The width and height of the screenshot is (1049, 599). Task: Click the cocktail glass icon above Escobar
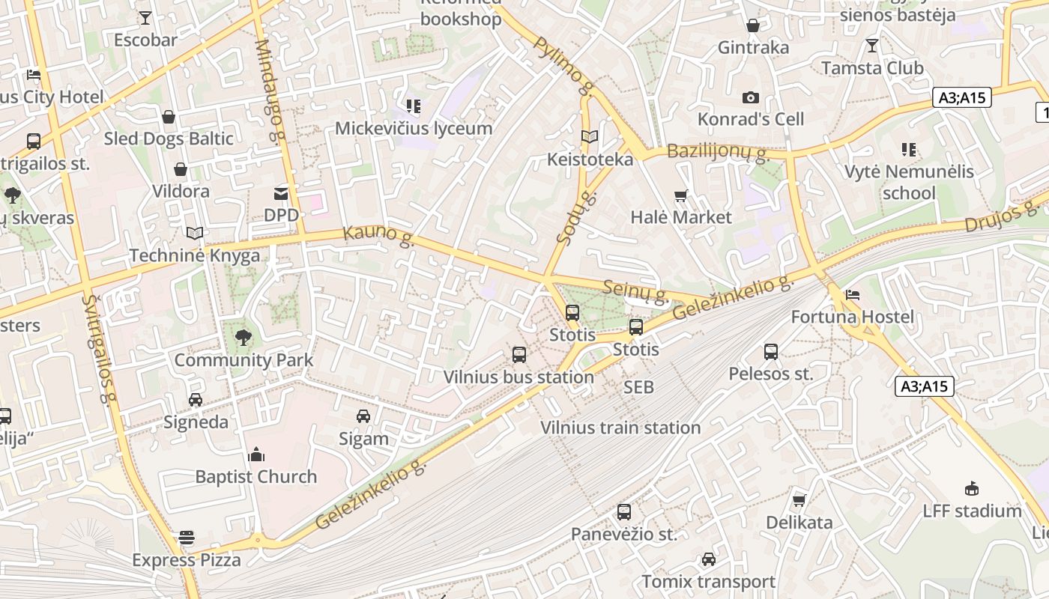tap(145, 18)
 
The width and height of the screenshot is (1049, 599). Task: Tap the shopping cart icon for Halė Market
tap(680, 196)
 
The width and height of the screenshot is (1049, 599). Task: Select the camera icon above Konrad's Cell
tap(750, 98)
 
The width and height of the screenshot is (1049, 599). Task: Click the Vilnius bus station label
tap(519, 377)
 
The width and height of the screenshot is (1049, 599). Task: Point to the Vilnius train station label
tap(620, 428)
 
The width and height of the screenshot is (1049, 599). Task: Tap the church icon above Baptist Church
tap(256, 454)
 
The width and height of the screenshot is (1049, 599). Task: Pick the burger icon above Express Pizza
tap(187, 538)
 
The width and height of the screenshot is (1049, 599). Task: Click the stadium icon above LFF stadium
tap(972, 489)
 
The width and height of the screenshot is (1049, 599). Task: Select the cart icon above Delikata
tap(799, 500)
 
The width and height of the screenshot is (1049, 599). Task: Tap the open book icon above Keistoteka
tap(590, 137)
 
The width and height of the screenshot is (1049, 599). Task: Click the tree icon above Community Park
tap(243, 338)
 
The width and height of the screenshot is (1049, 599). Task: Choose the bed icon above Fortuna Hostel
tap(852, 295)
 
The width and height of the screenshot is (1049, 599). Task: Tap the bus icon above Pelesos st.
tap(770, 352)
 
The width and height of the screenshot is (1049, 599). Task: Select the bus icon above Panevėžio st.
tap(623, 513)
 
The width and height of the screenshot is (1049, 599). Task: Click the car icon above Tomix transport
tap(708, 559)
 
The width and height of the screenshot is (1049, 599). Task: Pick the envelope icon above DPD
tap(281, 194)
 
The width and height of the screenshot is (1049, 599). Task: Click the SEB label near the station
tap(638, 387)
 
